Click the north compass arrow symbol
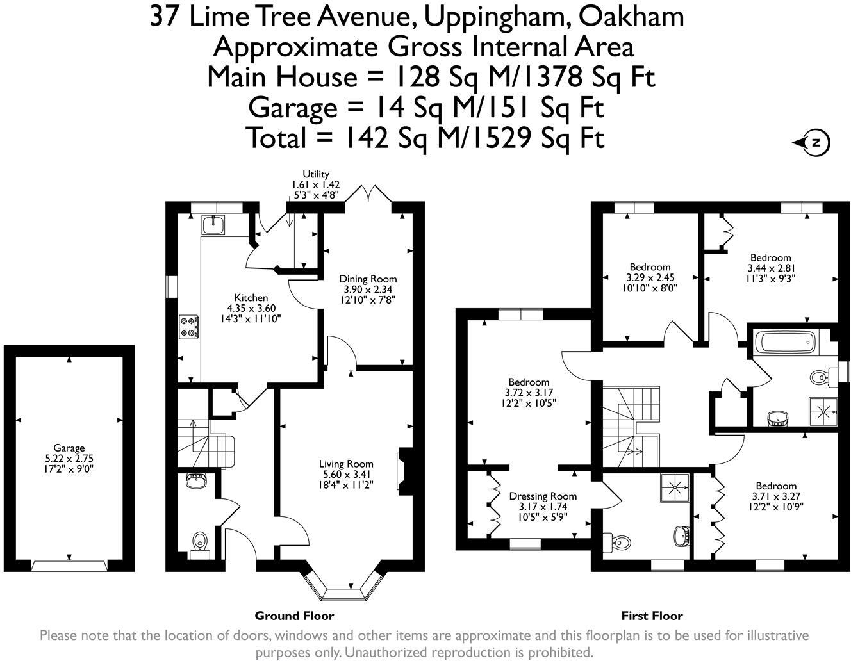coord(812,142)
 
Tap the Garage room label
coord(69,448)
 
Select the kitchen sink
coord(212,225)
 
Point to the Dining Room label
coord(368,279)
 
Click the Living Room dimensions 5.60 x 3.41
coord(346,474)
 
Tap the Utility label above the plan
coord(316,174)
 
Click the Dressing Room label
coord(543,496)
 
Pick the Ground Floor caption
coord(294,616)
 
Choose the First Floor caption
coord(652,616)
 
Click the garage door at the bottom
coord(69,566)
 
